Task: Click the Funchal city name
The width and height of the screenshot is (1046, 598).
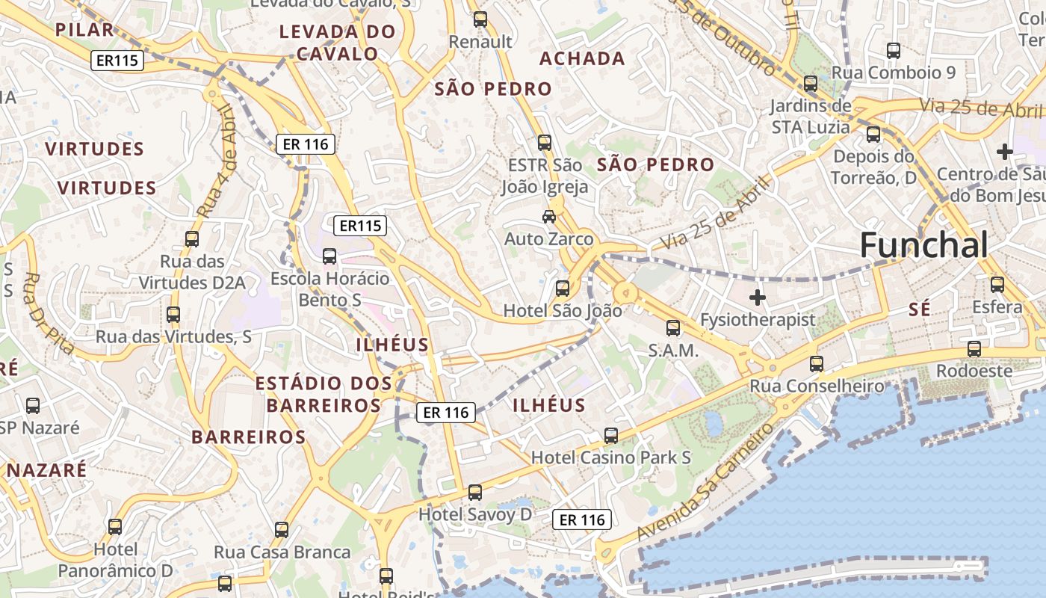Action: [923, 244]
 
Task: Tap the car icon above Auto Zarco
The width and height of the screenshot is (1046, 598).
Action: [549, 217]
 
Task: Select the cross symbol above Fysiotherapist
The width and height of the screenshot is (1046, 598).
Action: [758, 298]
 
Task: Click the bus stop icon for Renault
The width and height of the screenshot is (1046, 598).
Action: [480, 19]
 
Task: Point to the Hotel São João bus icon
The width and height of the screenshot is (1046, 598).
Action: [563, 288]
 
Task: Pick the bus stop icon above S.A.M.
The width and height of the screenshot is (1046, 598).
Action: [673, 327]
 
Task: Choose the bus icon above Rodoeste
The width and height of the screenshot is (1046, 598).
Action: [974, 348]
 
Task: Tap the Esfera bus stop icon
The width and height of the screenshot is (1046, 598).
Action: [997, 284]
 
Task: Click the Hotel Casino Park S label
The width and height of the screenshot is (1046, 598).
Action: [610, 457]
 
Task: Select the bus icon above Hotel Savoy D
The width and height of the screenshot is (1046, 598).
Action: [475, 492]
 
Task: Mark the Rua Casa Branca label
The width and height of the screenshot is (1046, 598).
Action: [282, 552]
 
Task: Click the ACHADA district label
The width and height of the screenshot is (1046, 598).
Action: [582, 58]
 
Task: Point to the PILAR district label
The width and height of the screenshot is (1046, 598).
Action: [84, 30]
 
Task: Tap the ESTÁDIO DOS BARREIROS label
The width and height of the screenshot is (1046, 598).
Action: [324, 395]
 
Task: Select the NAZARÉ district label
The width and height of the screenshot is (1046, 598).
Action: [46, 470]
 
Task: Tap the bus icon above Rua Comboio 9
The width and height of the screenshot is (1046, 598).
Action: [894, 51]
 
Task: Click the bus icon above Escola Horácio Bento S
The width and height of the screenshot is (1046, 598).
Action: [329, 256]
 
